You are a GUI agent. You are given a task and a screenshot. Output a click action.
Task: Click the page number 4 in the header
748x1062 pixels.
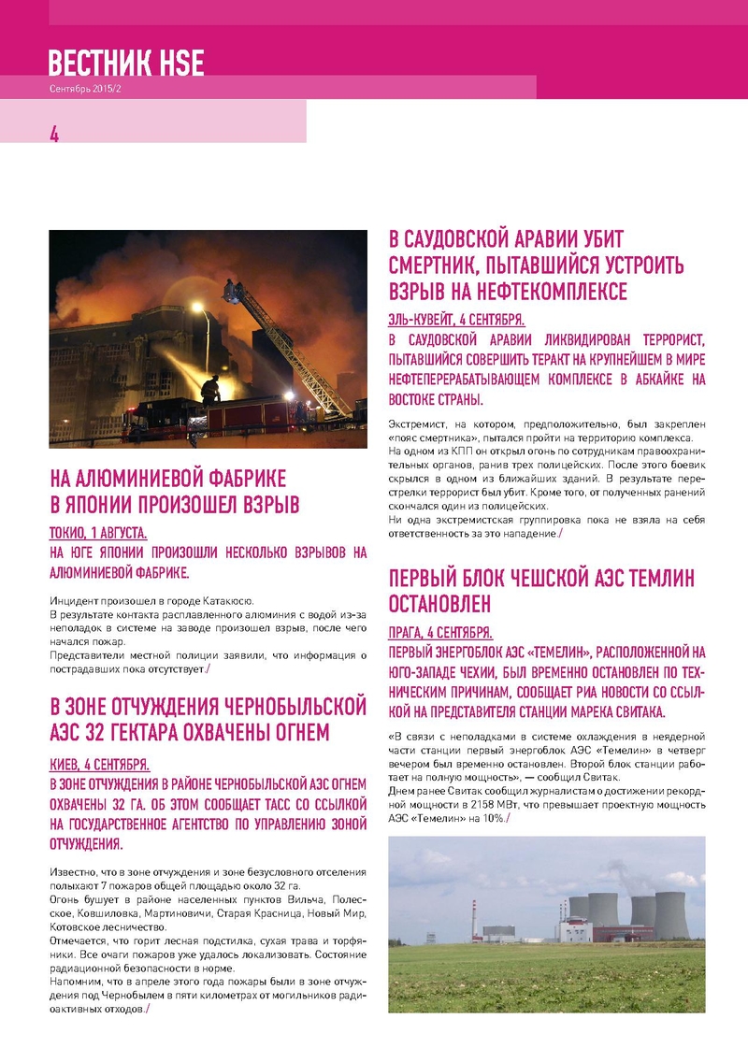pyautogui.click(x=54, y=134)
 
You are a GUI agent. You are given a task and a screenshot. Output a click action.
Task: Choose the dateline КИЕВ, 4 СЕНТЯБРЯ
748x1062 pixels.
pyautogui.click(x=98, y=763)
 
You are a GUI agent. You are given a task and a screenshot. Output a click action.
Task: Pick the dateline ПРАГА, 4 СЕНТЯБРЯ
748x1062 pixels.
pyautogui.click(x=440, y=631)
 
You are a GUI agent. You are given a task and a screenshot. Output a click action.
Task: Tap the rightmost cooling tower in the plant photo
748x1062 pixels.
pyautogui.click(x=671, y=915)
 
